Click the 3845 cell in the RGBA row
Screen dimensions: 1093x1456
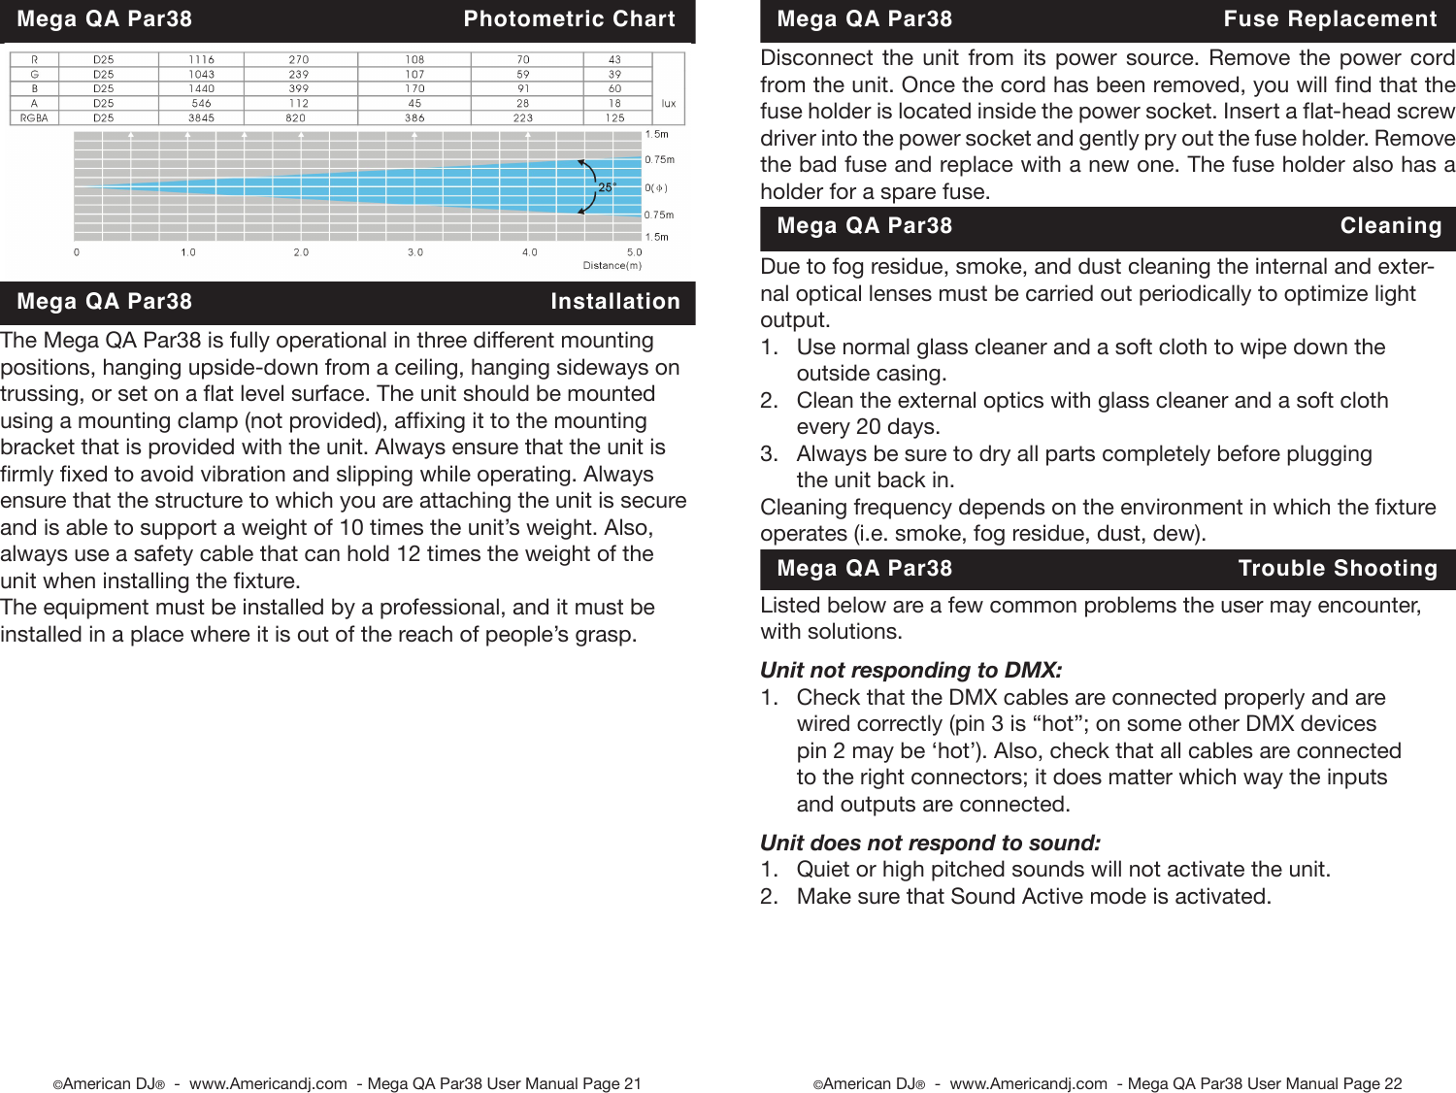pyautogui.click(x=201, y=117)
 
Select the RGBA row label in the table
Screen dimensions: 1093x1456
pyautogui.click(x=34, y=117)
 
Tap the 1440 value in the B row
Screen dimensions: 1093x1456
pyautogui.click(x=201, y=88)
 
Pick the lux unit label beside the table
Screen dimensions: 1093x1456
pyautogui.click(x=668, y=103)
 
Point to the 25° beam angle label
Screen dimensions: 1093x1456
pyautogui.click(x=607, y=187)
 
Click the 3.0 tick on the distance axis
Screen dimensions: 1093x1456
pyautogui.click(x=414, y=252)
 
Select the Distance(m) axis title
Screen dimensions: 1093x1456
pyautogui.click(x=612, y=265)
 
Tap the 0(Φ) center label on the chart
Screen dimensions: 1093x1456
pyautogui.click(x=656, y=187)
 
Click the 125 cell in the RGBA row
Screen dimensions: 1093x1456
pyautogui.click(x=614, y=117)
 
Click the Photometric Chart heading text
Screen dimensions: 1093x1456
pyautogui.click(x=569, y=19)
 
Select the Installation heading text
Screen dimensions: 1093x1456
pyautogui.click(x=614, y=302)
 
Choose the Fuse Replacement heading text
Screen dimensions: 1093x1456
pyautogui.click(x=1330, y=19)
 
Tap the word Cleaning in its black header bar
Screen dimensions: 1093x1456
pyautogui.click(x=1390, y=226)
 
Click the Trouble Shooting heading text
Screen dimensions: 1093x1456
pyautogui.click(x=1337, y=569)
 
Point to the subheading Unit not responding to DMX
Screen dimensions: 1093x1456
pyautogui.click(x=910, y=670)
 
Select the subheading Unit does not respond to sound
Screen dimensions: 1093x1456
pyautogui.click(x=930, y=843)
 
